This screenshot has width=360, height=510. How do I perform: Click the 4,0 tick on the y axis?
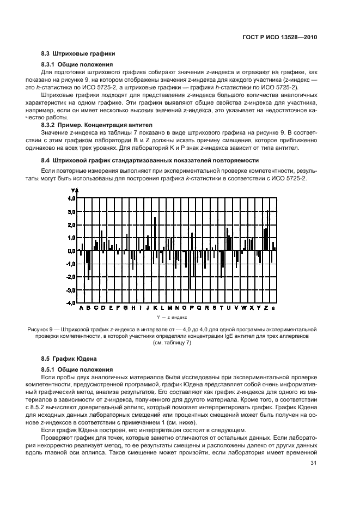pyautogui.click(x=71, y=199)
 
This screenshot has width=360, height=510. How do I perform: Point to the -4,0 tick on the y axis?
pyautogui.click(x=70, y=303)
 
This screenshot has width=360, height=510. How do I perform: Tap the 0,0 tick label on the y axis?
pyautogui.click(x=71, y=251)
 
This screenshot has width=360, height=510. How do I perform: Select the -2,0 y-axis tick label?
pyautogui.click(x=70, y=277)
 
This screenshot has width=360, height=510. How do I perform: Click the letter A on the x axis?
pyautogui.click(x=81, y=308)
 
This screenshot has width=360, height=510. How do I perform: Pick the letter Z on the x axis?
pyautogui.click(x=266, y=308)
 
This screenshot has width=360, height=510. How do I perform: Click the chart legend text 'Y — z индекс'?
pyautogui.click(x=172, y=316)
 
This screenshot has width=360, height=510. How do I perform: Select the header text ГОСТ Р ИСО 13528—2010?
pyautogui.click(x=282, y=38)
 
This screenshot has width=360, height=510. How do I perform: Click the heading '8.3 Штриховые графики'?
pyautogui.click(x=78, y=53)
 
